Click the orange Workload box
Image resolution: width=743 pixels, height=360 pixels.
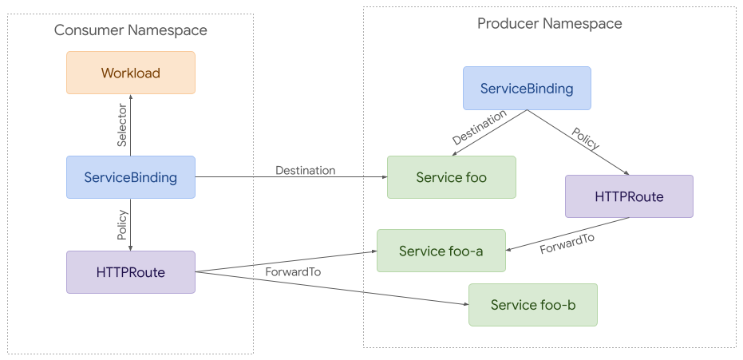(x=130, y=73)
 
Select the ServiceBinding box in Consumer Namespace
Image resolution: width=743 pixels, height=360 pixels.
(x=130, y=177)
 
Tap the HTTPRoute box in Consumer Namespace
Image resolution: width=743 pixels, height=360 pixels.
(x=130, y=272)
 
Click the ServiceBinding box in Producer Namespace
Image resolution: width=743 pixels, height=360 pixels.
(x=527, y=88)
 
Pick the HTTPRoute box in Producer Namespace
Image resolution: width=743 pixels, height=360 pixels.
(x=629, y=196)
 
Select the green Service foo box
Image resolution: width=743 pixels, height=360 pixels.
(x=451, y=177)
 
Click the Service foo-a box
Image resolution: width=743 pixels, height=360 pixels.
(x=441, y=251)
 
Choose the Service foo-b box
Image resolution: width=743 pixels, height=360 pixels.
(x=532, y=305)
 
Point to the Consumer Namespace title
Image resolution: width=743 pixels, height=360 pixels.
(x=130, y=30)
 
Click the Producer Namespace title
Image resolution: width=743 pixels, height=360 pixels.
(x=549, y=23)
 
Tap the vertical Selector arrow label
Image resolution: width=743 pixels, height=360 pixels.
(x=122, y=125)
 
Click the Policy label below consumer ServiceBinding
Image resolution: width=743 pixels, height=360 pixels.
(x=122, y=225)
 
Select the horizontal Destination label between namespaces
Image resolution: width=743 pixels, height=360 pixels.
(x=305, y=170)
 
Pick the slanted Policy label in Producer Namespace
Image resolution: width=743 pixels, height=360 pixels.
(x=586, y=137)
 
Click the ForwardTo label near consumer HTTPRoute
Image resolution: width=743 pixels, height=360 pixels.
(x=293, y=272)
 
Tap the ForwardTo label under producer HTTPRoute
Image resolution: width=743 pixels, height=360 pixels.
(x=567, y=244)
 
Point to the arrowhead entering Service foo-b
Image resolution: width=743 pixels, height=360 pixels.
(x=464, y=304)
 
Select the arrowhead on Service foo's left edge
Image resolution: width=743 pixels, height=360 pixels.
(x=383, y=177)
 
